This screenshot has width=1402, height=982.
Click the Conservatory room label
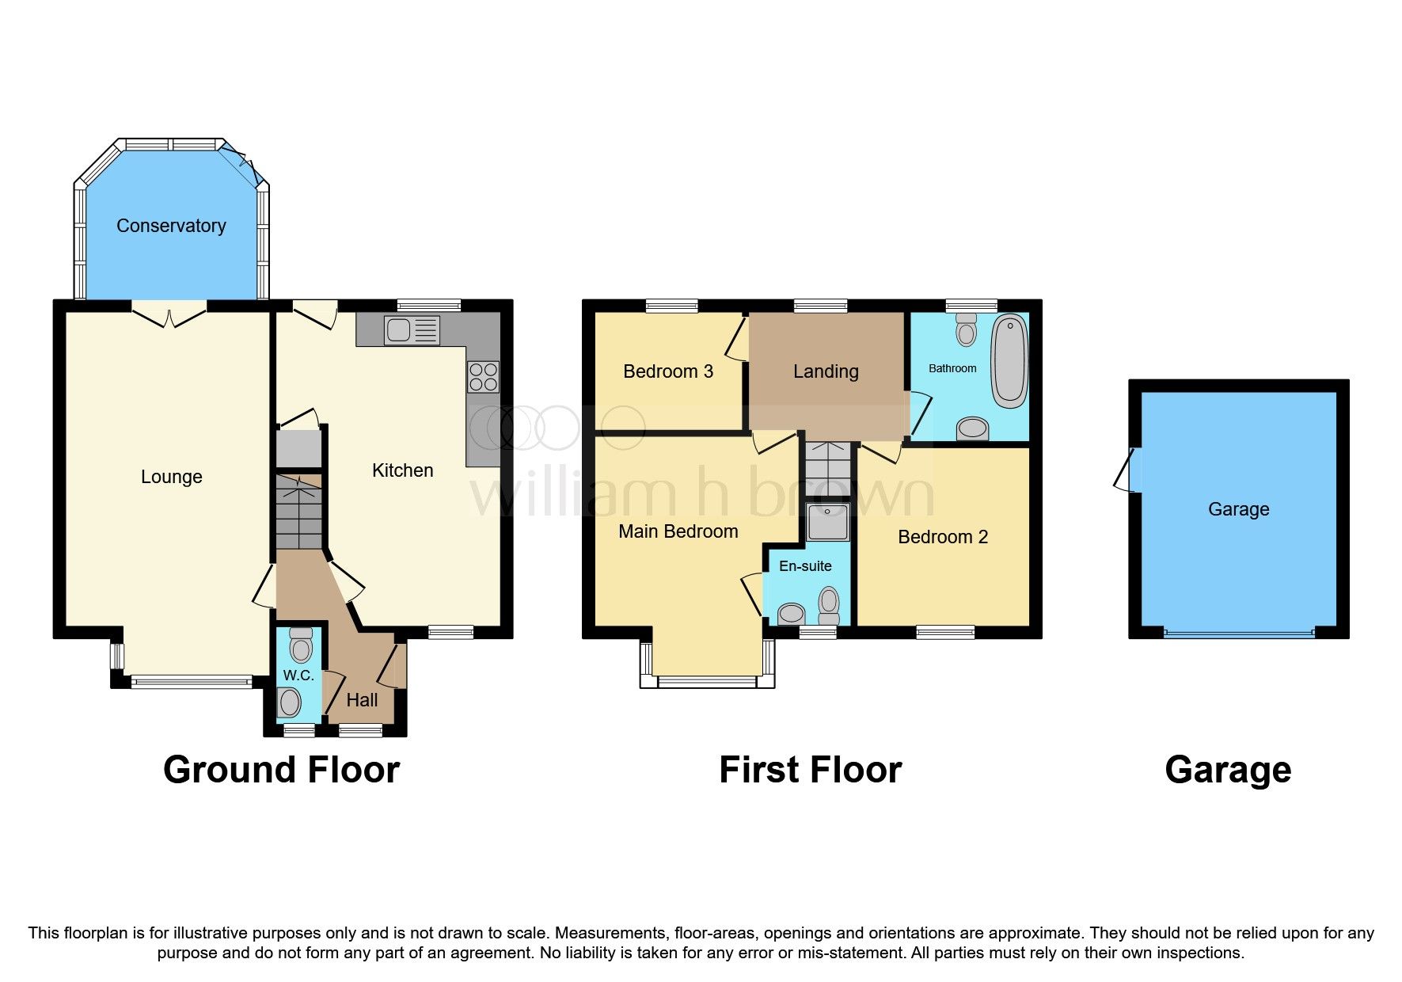pyautogui.click(x=171, y=226)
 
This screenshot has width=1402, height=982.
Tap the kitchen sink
pyautogui.click(x=411, y=330)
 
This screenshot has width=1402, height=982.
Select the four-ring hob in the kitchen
pyautogui.click(x=483, y=377)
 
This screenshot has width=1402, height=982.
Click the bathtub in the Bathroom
pyautogui.click(x=1009, y=361)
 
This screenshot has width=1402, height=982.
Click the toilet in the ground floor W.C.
pyautogui.click(x=301, y=645)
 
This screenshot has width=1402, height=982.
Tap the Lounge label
pyautogui.click(x=171, y=477)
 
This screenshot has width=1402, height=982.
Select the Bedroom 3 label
pyautogui.click(x=668, y=371)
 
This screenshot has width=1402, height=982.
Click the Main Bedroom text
pyautogui.click(x=678, y=531)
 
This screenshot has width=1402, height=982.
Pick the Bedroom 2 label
pyautogui.click(x=942, y=537)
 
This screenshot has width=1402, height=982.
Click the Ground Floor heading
pyautogui.click(x=281, y=770)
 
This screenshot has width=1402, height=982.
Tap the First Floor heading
pyautogui.click(x=810, y=770)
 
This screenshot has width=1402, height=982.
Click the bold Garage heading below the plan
pyautogui.click(x=1227, y=770)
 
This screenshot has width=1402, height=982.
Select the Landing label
pyautogui.click(x=826, y=371)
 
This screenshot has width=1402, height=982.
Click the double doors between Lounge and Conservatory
pyautogui.click(x=169, y=314)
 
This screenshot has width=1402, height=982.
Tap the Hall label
pyautogui.click(x=362, y=700)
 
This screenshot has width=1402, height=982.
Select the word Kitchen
pyautogui.click(x=402, y=470)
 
